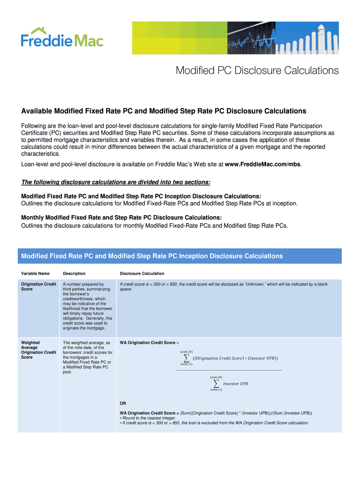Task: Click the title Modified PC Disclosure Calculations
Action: [x=257, y=71]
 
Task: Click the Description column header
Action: [x=74, y=273]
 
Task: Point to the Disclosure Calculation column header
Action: [x=142, y=273]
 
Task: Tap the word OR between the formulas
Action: [x=123, y=403]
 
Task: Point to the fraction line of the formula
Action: [x=229, y=370]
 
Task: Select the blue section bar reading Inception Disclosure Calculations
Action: [x=180, y=256]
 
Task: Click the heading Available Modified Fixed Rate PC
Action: [x=164, y=111]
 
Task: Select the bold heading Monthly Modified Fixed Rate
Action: [x=122, y=218]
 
